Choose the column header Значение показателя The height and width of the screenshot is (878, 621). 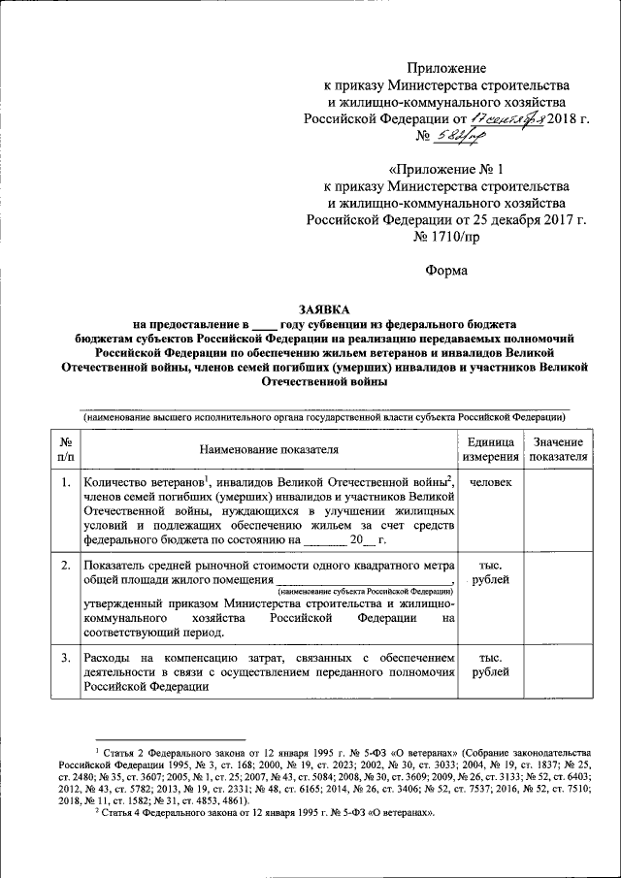click(x=559, y=449)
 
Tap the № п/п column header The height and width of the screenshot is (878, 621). click(x=65, y=449)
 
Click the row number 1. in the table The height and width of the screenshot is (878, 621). click(x=65, y=482)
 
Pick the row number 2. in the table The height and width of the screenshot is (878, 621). click(x=65, y=565)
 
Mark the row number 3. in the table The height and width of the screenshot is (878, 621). click(x=65, y=660)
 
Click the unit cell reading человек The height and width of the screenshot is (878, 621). click(x=490, y=482)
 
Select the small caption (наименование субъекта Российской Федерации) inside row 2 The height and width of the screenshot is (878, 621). click(x=366, y=590)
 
